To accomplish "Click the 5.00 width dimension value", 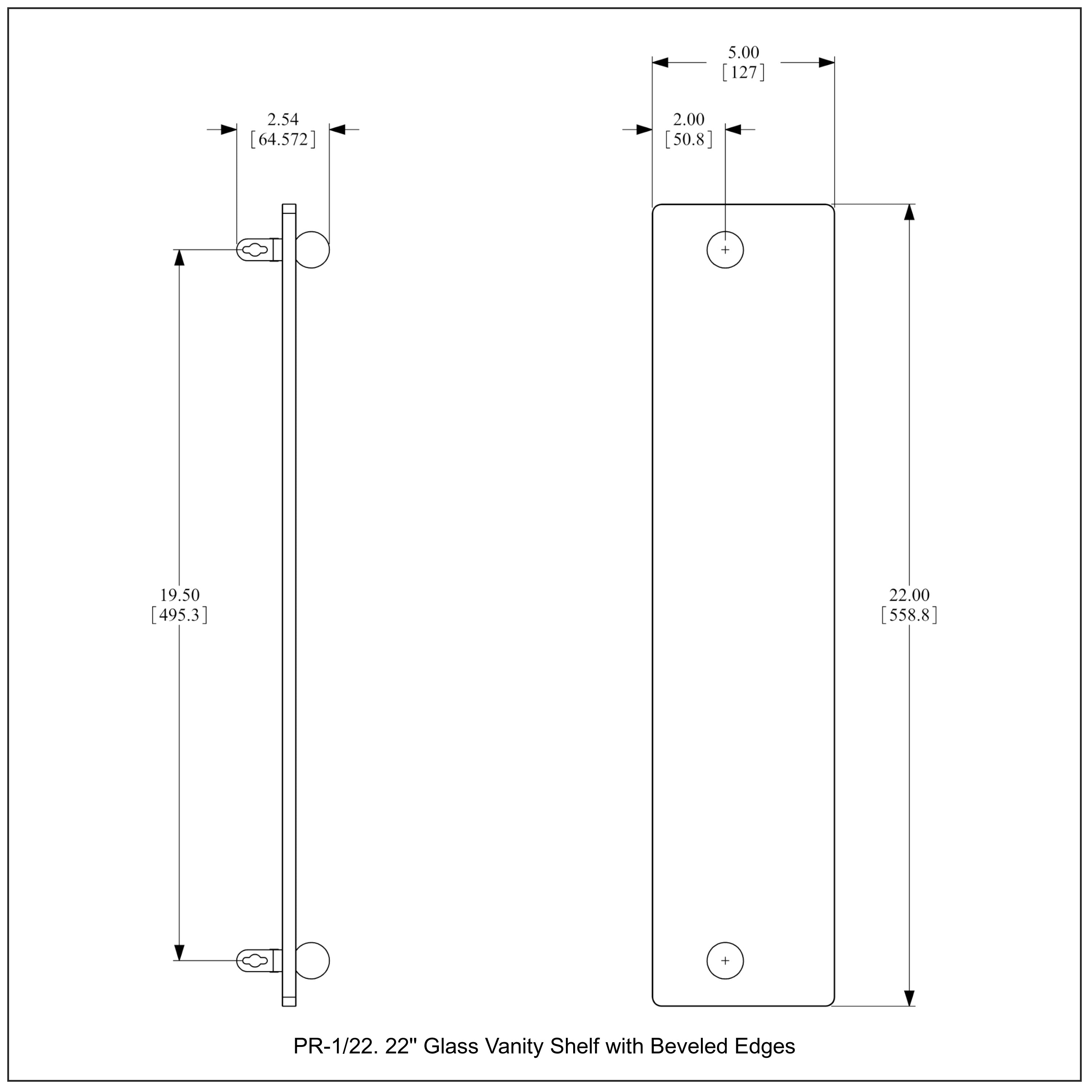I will coord(743,52).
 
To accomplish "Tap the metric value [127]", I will coord(743,73).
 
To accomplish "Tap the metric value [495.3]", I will coord(179,615).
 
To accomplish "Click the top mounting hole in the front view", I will coord(725,250).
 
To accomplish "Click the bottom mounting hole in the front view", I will coord(725,960).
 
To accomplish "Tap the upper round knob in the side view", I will coord(312,250).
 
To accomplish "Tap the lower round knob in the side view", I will coord(312,960).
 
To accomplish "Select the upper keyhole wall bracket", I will coord(258,250).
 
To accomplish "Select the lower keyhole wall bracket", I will coord(258,960).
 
